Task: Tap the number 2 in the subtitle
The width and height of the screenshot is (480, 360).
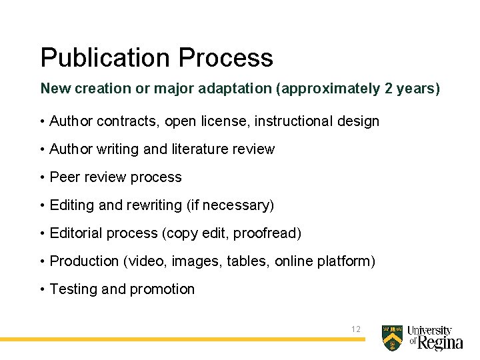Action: pos(389,89)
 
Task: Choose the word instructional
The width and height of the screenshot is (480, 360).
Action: pos(294,121)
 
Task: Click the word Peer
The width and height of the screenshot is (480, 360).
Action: pos(65,177)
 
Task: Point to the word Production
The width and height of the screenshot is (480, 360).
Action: pos(85,261)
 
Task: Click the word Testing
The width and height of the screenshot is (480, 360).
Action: pos(74,289)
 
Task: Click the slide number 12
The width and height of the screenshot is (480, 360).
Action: pos(355,329)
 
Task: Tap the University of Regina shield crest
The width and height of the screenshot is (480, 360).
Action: pos(392,338)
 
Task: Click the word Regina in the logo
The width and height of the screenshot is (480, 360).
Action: pos(440,343)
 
